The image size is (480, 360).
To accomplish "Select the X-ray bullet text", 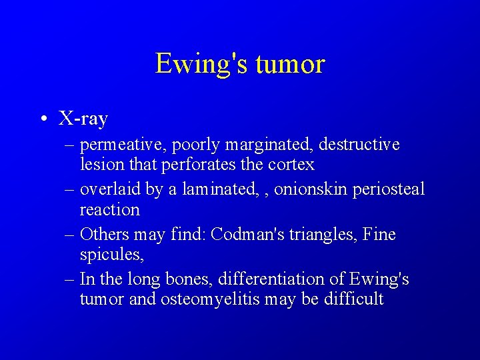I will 83,119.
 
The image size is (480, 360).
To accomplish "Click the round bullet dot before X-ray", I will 43,120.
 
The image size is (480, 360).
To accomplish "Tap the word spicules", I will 110,254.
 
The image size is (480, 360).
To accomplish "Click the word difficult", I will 353,299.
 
